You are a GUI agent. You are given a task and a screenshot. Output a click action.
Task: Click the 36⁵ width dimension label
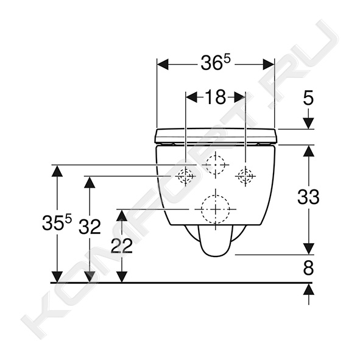[216, 63]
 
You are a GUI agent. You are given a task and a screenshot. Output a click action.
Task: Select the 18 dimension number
[216, 97]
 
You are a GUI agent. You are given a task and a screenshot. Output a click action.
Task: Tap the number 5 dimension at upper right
[308, 98]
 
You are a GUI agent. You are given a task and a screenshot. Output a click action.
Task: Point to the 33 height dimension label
[308, 197]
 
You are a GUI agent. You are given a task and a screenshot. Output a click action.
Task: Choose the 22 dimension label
[122, 246]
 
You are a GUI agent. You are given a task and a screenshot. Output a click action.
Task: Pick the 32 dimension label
[90, 227]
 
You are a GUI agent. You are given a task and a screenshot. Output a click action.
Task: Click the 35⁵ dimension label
[57, 222]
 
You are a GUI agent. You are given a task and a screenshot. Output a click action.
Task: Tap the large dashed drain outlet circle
[216, 209]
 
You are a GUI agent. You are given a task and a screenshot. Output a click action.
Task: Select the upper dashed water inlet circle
[216, 164]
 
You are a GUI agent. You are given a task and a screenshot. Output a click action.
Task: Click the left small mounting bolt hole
[186, 176]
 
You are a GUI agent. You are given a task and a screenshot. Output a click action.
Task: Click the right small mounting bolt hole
[245, 176]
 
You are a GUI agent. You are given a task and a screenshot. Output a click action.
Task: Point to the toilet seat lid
[216, 136]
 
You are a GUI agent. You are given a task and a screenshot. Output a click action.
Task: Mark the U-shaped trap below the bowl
[216, 241]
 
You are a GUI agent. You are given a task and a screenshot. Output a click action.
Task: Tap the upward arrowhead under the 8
[308, 289]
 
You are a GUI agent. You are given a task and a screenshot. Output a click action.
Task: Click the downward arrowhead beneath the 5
[308, 123]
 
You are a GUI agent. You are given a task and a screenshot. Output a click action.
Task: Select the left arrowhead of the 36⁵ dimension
[163, 65]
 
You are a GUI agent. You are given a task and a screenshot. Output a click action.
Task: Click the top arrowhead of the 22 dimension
[122, 215]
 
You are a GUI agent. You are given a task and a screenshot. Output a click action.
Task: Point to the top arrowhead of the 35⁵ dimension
[57, 171]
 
